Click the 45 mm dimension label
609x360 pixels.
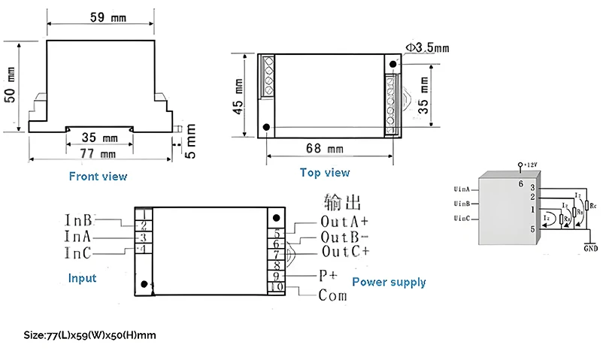(x=238, y=96)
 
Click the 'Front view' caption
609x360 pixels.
(x=98, y=177)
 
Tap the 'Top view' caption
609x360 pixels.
(x=325, y=172)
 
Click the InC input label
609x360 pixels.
(x=78, y=251)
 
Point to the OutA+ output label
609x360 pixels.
(x=344, y=222)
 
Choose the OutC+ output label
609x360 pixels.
(x=344, y=251)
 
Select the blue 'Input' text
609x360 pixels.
(x=82, y=278)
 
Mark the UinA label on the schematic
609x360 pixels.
(x=462, y=189)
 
